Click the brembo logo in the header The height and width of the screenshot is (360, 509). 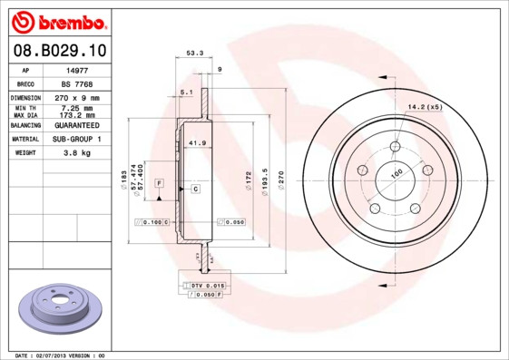click(x=56, y=20)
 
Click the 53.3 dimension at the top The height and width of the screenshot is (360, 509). click(x=194, y=54)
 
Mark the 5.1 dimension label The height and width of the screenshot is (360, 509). click(x=186, y=92)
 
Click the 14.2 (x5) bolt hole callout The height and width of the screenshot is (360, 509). click(x=424, y=108)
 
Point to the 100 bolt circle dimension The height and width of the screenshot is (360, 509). click(x=396, y=172)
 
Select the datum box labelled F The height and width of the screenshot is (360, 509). click(x=159, y=183)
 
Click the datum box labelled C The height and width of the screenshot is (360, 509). click(x=195, y=189)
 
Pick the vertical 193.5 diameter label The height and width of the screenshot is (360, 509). click(x=264, y=178)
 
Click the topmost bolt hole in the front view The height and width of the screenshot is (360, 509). click(x=396, y=148)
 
